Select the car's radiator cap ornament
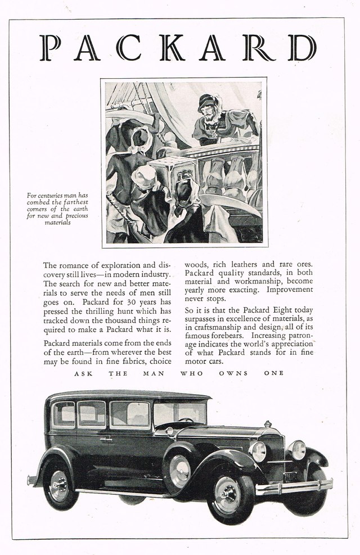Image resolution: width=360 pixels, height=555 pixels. [x=268, y=423]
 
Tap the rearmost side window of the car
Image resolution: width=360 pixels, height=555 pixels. [x=64, y=415]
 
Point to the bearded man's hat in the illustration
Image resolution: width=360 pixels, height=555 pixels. [x=206, y=100]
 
